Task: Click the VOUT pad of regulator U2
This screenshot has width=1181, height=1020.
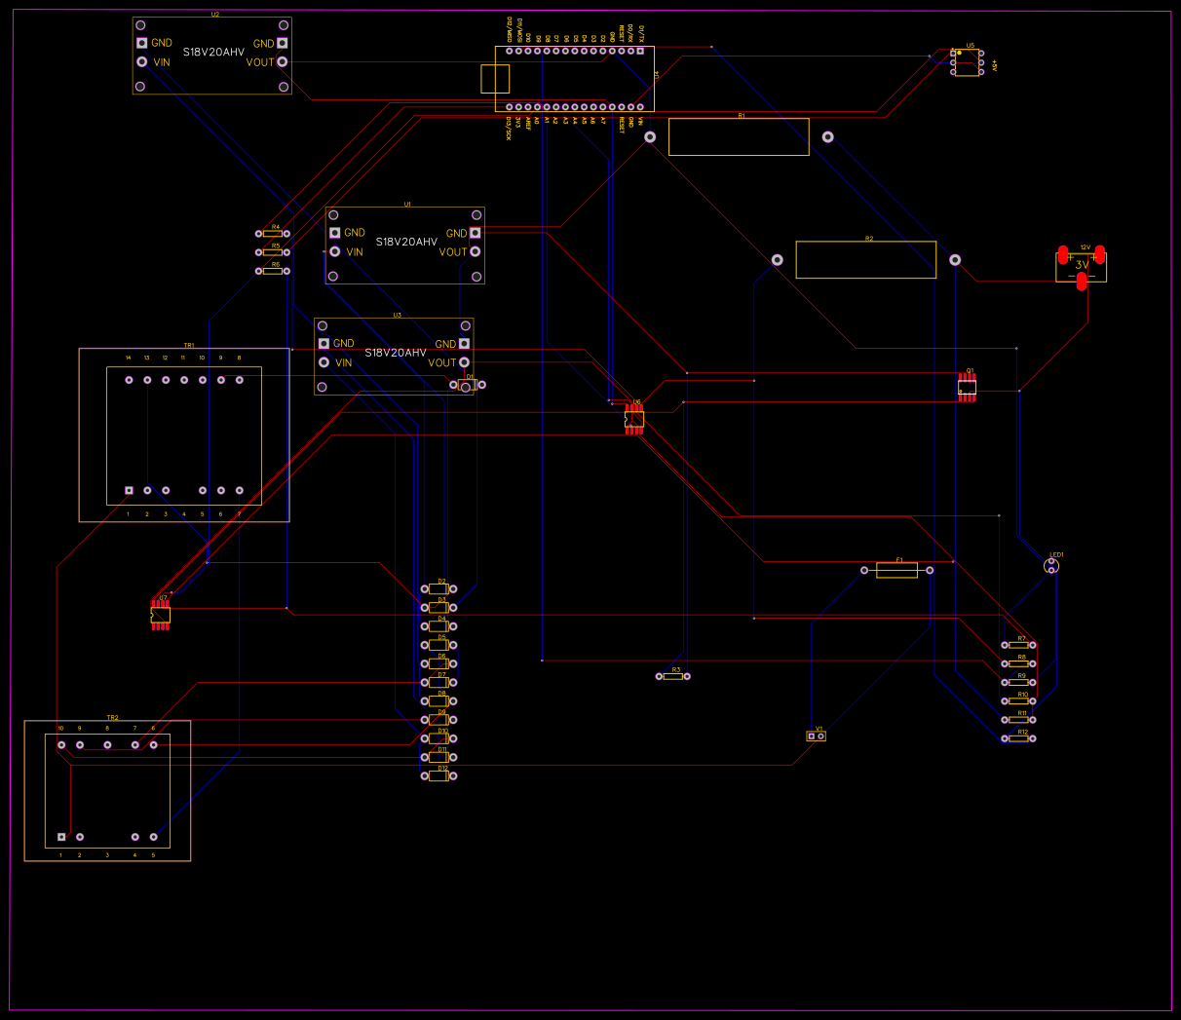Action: [x=283, y=61]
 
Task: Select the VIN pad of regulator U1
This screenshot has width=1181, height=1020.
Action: [x=335, y=251]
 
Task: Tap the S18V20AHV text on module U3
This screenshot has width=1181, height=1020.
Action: [x=395, y=353]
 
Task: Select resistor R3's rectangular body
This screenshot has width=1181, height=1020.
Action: [x=672, y=676]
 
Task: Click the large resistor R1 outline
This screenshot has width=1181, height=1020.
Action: [x=739, y=137]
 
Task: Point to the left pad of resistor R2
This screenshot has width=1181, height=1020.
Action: [x=778, y=260]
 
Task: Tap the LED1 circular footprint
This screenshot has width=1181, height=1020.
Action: [x=1051, y=566]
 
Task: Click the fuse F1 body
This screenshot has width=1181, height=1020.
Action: [x=896, y=570]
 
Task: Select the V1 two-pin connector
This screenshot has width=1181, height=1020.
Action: [x=817, y=737]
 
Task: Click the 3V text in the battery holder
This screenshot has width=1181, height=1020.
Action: [x=1082, y=265]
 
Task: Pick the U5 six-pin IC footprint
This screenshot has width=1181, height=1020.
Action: [x=967, y=62]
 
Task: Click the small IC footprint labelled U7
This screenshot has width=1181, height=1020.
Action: [x=161, y=615]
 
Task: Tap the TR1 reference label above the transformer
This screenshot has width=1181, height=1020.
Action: [x=189, y=345]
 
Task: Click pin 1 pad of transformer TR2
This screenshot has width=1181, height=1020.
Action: [x=61, y=837]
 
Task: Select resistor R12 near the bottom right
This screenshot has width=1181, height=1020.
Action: [x=1018, y=738]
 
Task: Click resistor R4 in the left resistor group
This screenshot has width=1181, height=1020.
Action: [x=272, y=234]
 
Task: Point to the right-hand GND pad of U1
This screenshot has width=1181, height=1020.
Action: [x=476, y=233]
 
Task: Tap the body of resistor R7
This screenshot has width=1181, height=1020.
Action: [x=1019, y=645]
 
